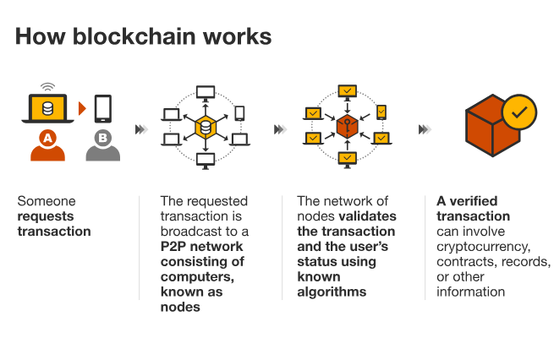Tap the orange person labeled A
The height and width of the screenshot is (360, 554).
click(47, 145)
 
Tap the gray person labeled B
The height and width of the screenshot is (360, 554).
click(102, 145)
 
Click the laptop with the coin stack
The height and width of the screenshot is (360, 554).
click(47, 109)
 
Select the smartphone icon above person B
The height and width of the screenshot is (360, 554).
click(102, 108)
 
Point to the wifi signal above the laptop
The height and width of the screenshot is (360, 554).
click(47, 86)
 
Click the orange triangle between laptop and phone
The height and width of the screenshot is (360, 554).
click(82, 109)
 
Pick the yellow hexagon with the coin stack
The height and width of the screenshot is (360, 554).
click(204, 128)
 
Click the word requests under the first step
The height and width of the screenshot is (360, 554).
click(46, 215)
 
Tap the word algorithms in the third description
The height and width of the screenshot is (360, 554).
click(332, 292)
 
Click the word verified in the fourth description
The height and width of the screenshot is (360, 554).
click(473, 200)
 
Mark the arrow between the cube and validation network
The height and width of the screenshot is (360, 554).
click(425, 129)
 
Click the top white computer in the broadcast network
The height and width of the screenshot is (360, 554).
click(206, 90)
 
